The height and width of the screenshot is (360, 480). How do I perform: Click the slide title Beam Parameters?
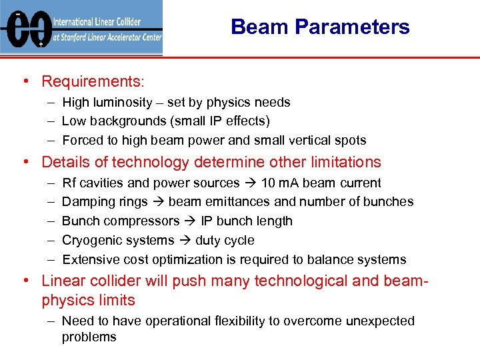320,27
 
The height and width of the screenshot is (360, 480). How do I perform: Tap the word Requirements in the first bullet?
91,81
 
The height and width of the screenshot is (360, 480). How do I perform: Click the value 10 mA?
281,183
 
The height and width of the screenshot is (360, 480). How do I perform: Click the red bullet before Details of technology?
25,162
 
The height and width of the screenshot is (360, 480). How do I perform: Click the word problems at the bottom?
89,337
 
